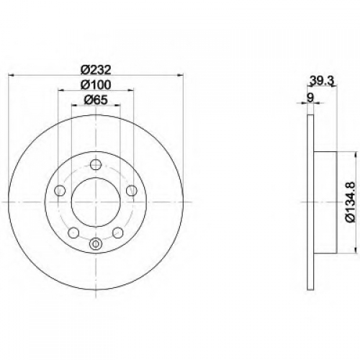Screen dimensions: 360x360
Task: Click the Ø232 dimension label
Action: [96, 70]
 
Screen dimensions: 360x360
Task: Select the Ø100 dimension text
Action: [96, 85]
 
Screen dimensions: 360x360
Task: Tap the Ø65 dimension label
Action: [96, 100]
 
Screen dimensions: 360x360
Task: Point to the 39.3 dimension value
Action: [322, 81]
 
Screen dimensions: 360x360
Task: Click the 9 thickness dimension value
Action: [310, 98]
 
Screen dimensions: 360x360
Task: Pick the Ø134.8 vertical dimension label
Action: [349, 202]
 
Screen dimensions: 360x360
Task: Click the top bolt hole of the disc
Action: [96, 164]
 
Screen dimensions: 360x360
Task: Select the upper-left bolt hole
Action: [60, 191]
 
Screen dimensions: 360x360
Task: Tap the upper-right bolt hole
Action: [132, 191]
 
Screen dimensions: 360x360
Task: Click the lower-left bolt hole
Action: [73, 233]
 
